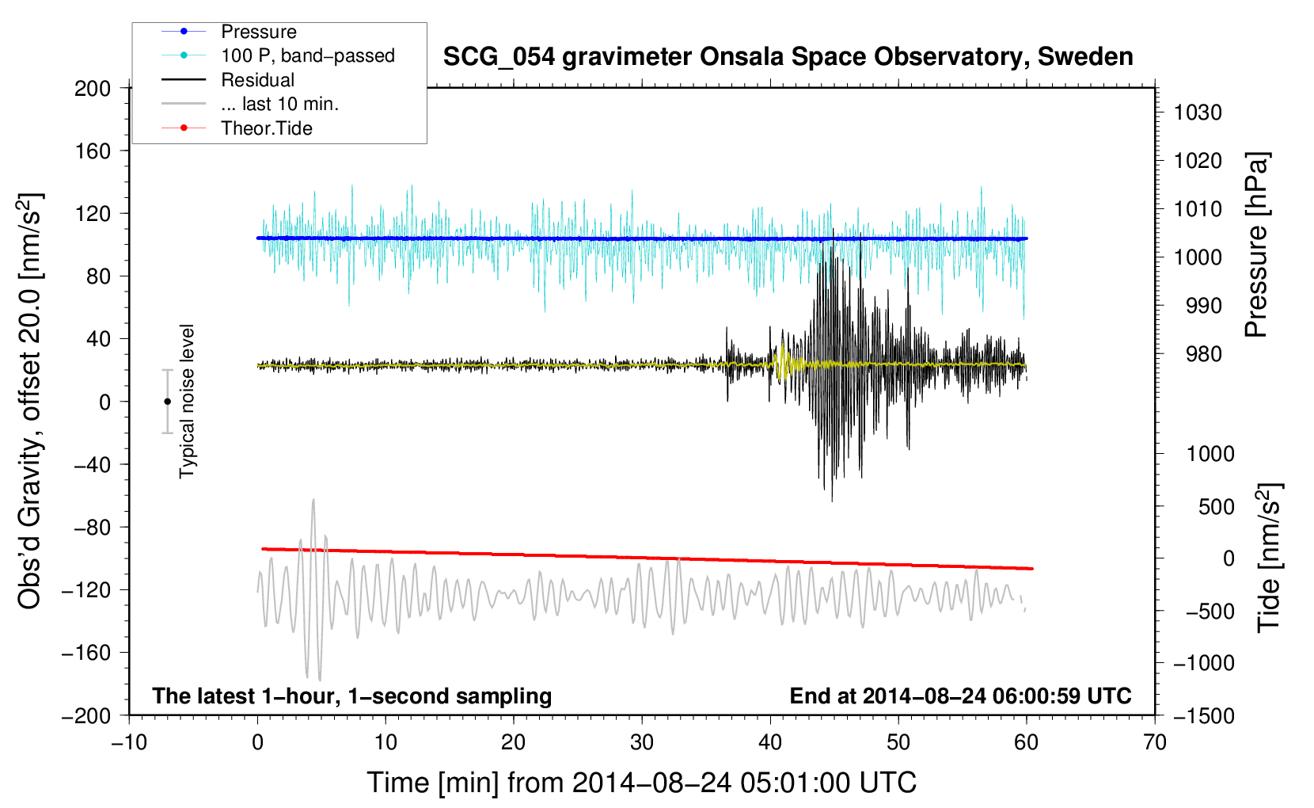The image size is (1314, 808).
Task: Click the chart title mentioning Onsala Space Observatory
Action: click(788, 57)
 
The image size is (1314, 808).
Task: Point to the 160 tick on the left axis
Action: click(93, 151)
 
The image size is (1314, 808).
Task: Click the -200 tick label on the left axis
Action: click(86, 716)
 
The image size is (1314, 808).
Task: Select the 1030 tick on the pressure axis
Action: click(1198, 112)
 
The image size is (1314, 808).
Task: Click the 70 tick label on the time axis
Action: click(1155, 742)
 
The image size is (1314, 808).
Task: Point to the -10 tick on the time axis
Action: click(129, 742)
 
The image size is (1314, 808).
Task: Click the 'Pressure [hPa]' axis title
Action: click(1256, 245)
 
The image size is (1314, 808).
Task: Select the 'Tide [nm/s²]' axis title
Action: click(1270, 558)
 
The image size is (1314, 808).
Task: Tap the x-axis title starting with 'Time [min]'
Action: click(642, 783)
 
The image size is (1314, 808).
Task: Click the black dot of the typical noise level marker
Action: click(167, 402)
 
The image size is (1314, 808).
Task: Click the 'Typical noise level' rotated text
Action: click(186, 402)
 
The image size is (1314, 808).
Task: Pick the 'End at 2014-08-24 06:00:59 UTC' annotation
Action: click(960, 696)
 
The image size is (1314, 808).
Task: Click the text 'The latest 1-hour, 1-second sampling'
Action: click(352, 696)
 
